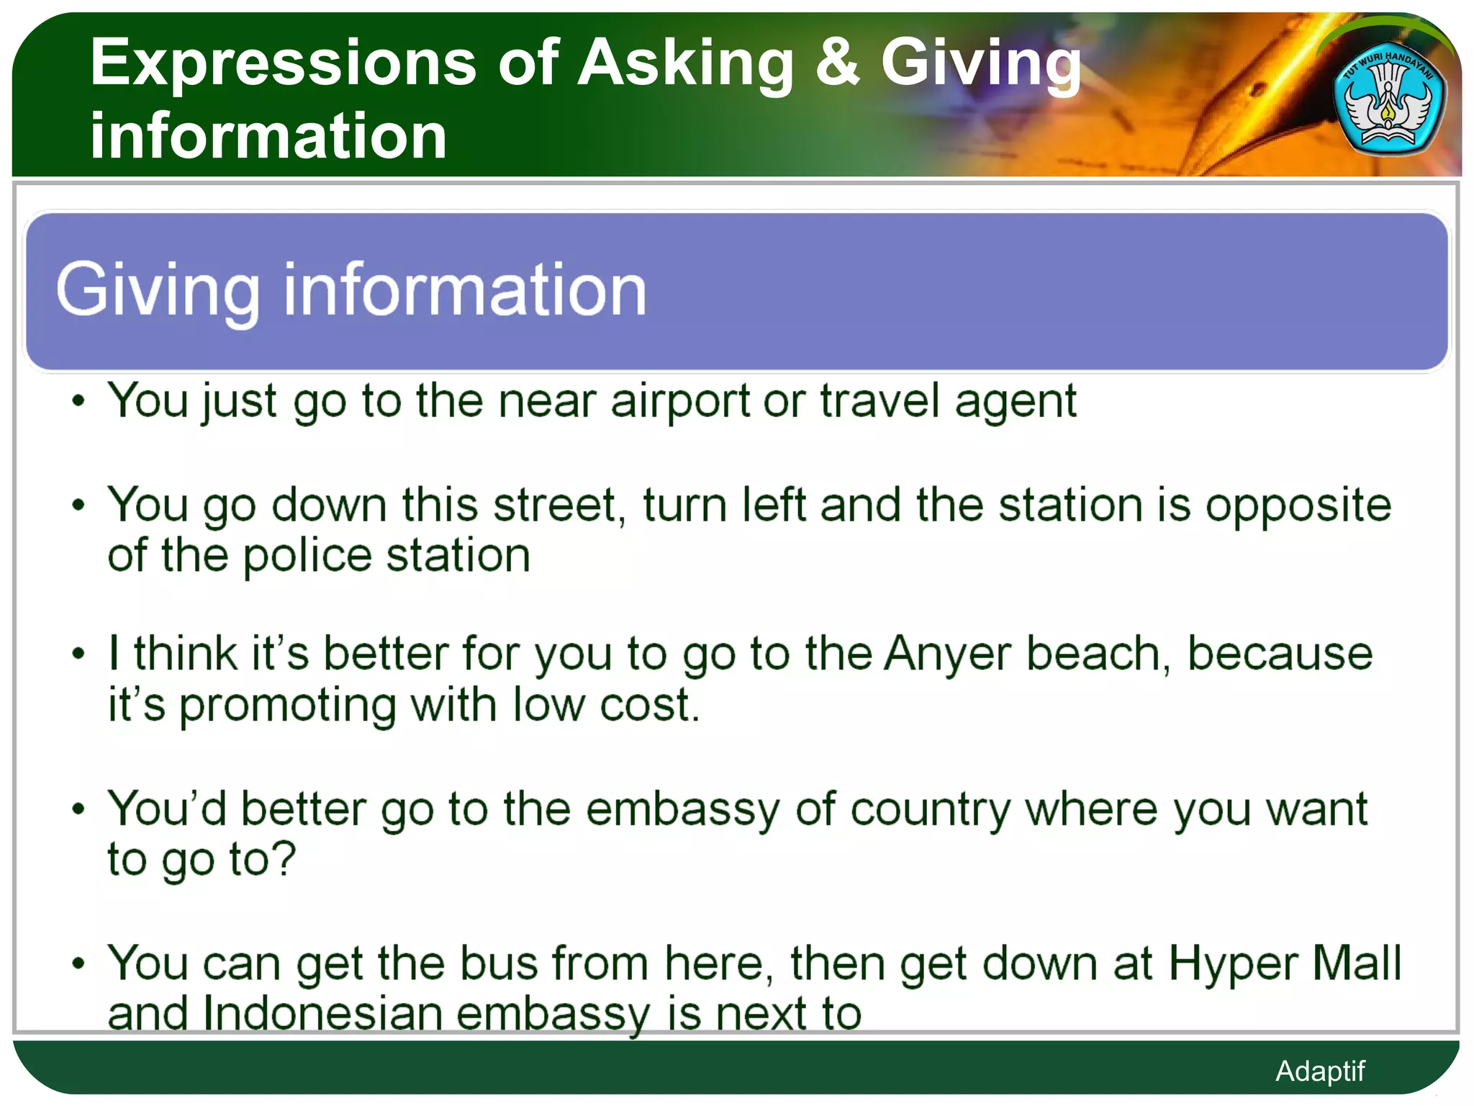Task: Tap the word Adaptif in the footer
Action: (x=1319, y=1071)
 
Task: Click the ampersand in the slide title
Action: (x=837, y=63)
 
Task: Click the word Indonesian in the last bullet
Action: (x=322, y=1014)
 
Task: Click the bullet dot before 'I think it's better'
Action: (x=78, y=655)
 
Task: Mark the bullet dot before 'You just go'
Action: (x=78, y=401)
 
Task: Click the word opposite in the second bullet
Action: (x=1298, y=506)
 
